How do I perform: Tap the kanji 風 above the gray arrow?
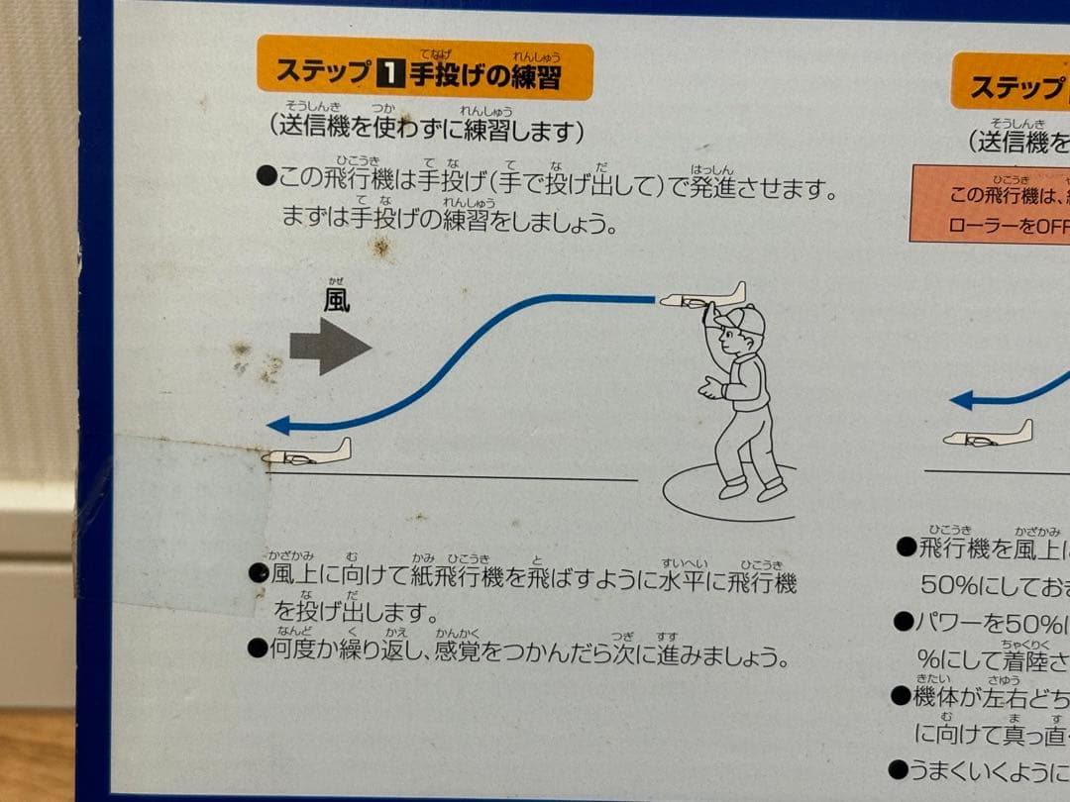click(337, 300)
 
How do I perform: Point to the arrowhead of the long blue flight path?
click(278, 425)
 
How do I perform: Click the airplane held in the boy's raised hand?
click(701, 297)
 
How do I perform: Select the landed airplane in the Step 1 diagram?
click(306, 454)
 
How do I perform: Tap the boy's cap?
click(742, 319)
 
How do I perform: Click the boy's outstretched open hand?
click(711, 387)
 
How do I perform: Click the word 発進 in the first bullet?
click(713, 186)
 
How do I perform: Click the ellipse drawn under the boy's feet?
click(728, 495)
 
